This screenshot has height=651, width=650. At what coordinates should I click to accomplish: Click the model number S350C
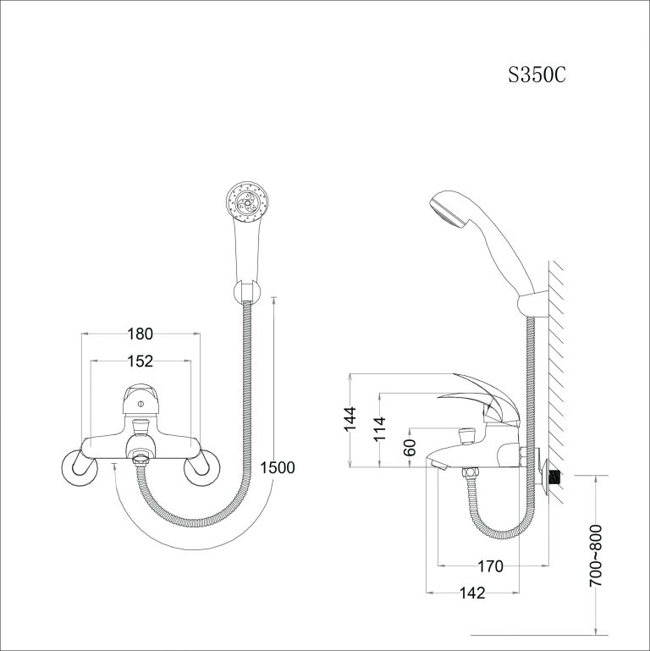tap(537, 75)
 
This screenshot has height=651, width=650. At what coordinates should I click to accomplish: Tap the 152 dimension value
tap(140, 361)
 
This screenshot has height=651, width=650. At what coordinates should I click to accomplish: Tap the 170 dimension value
tap(491, 566)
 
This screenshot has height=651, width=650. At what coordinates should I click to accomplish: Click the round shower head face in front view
tap(247, 201)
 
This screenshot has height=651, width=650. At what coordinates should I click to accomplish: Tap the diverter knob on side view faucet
tap(463, 438)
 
